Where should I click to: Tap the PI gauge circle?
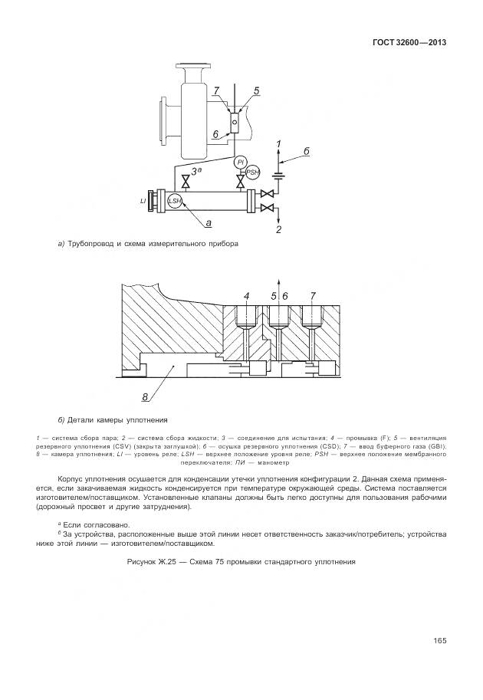point(240,163)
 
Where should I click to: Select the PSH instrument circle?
point(252,173)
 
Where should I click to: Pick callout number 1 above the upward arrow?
point(278,144)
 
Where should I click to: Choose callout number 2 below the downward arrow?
point(279,229)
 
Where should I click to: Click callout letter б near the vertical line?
point(306,152)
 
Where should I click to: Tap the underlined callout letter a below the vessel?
point(208,222)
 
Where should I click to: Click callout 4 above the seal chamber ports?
point(246,295)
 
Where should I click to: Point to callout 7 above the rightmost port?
point(313,295)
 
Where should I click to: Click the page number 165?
point(439,641)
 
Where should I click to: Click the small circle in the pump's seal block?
point(232,119)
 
